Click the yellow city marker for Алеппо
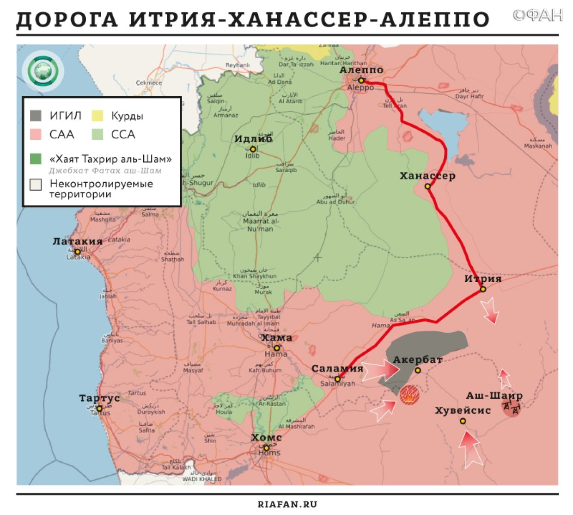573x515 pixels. [x=361, y=81]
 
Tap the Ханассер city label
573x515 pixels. [x=427, y=176]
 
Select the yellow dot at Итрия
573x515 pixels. [x=483, y=289]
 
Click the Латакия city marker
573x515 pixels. [x=78, y=252]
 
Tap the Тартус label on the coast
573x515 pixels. [x=99, y=398]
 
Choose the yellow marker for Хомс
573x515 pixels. [x=266, y=448]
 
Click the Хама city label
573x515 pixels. [x=277, y=338]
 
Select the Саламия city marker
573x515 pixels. [x=338, y=379]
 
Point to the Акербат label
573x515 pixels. [x=418, y=360]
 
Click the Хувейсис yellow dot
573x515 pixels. [x=463, y=421]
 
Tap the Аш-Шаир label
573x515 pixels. [x=494, y=396]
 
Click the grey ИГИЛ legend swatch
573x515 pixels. [x=36, y=115]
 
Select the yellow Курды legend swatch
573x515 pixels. [x=98, y=115]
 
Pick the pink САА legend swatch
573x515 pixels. [x=36, y=134]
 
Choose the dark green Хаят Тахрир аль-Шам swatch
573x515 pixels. [x=36, y=159]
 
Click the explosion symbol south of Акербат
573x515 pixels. [x=409, y=395]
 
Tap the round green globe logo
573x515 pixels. [x=43, y=71]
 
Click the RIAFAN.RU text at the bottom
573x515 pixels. [x=287, y=504]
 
